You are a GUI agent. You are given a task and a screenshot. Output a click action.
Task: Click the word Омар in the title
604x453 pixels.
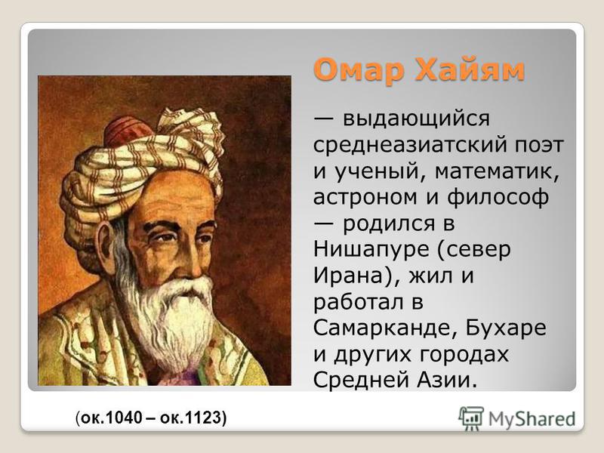point(360,69)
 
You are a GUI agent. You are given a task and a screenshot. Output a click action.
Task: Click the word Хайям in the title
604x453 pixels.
point(470,69)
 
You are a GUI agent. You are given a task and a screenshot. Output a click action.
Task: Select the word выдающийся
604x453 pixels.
point(416,119)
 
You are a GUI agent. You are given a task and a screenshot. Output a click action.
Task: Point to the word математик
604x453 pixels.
point(497,171)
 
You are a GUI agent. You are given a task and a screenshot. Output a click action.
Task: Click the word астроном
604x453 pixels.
point(365,197)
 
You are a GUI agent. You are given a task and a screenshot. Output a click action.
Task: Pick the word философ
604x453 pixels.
point(498,197)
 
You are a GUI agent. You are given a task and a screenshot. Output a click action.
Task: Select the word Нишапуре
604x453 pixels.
point(371,250)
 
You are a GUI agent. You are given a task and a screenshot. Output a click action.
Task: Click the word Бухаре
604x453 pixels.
point(506,328)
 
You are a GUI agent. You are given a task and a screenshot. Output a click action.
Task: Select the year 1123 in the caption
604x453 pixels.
point(203,418)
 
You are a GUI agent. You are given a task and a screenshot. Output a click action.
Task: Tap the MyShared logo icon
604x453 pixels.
point(471,419)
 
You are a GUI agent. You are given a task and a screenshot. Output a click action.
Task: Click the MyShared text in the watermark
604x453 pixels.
point(532,419)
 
